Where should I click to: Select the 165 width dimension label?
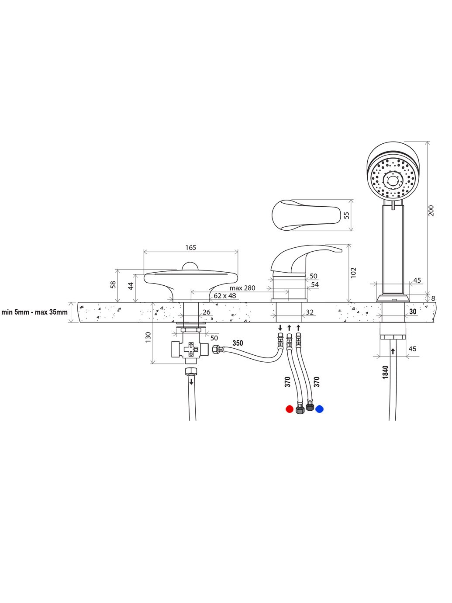click(x=190, y=247)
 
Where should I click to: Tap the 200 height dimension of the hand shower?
click(x=431, y=211)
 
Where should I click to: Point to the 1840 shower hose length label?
click(x=385, y=372)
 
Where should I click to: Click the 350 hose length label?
click(x=238, y=343)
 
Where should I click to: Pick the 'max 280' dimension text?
click(x=242, y=288)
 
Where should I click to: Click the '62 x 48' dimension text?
click(x=225, y=296)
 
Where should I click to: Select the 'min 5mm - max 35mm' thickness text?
click(x=35, y=312)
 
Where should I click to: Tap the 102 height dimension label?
click(x=353, y=273)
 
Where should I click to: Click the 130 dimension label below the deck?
click(x=148, y=337)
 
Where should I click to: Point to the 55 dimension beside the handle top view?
click(x=347, y=215)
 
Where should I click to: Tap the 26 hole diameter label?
click(x=207, y=312)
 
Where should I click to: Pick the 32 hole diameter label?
click(x=310, y=312)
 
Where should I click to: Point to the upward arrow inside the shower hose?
click(x=393, y=351)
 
